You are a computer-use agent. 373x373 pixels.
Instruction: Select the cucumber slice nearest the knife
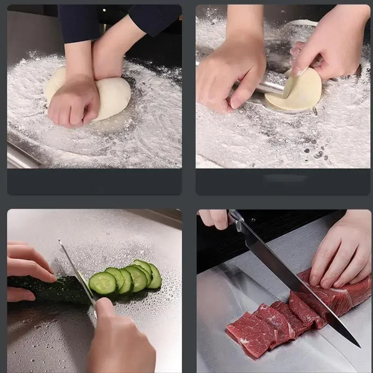102,283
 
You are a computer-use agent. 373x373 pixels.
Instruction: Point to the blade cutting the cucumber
77,273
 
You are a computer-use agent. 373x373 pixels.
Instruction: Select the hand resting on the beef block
338,254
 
